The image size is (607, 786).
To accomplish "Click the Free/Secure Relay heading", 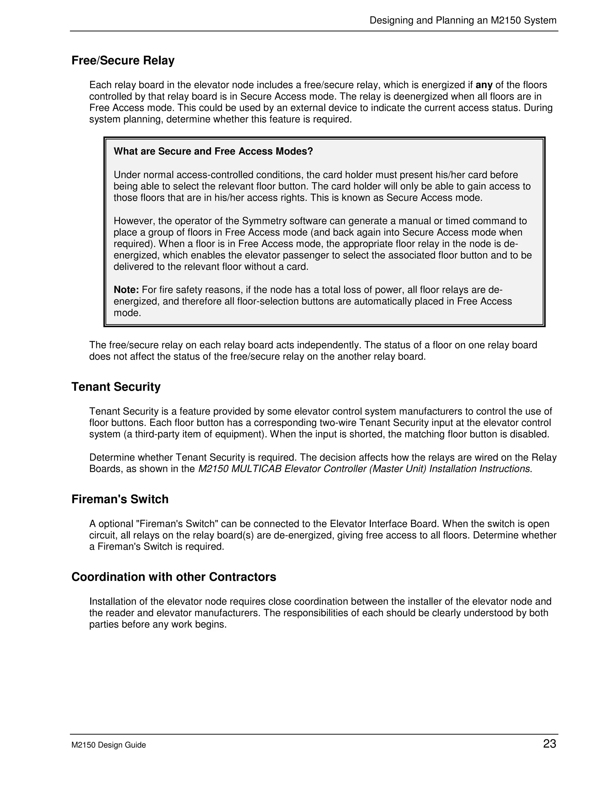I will [x=123, y=61].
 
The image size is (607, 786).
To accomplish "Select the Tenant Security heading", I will [x=116, y=387].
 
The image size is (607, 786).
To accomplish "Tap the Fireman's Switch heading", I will [x=120, y=499].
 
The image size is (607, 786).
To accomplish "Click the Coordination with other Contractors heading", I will [x=174, y=577].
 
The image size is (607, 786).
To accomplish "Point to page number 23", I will [x=550, y=744].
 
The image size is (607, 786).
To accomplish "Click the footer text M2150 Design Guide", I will [x=108, y=745].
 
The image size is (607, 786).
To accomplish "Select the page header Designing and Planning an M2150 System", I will [x=463, y=20].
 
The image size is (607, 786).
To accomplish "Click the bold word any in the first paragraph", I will [x=484, y=85].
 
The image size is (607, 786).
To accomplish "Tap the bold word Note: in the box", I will [x=126, y=290].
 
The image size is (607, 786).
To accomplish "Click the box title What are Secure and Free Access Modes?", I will [x=213, y=152].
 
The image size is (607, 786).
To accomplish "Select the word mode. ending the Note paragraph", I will [x=127, y=313].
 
